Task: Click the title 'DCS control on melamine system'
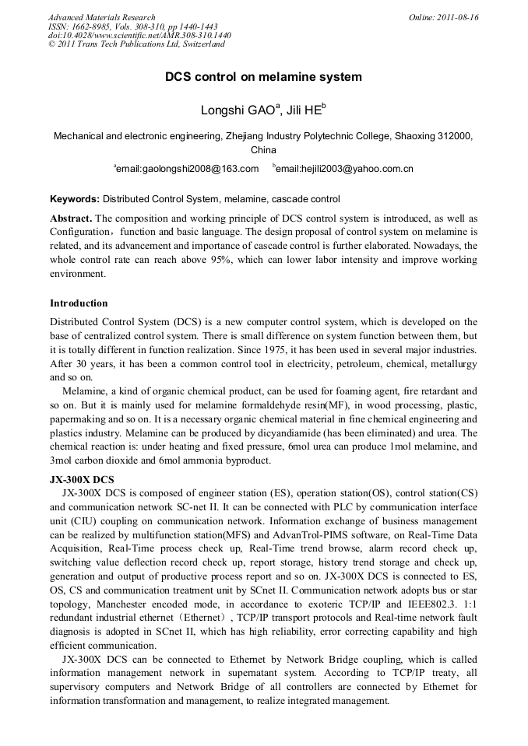[x=263, y=78]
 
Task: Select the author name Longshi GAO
[x=229, y=111]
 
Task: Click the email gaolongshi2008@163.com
[x=187, y=168]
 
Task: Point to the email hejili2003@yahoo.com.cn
[x=344, y=168]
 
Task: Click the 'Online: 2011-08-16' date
[x=443, y=17]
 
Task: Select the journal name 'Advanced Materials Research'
[x=101, y=17]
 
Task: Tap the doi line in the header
[x=139, y=35]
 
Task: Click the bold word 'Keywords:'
[x=75, y=199]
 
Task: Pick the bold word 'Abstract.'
[x=71, y=218]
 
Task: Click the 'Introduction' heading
[x=79, y=303]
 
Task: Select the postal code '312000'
[x=455, y=135]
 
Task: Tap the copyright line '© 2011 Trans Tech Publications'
[x=136, y=44]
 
